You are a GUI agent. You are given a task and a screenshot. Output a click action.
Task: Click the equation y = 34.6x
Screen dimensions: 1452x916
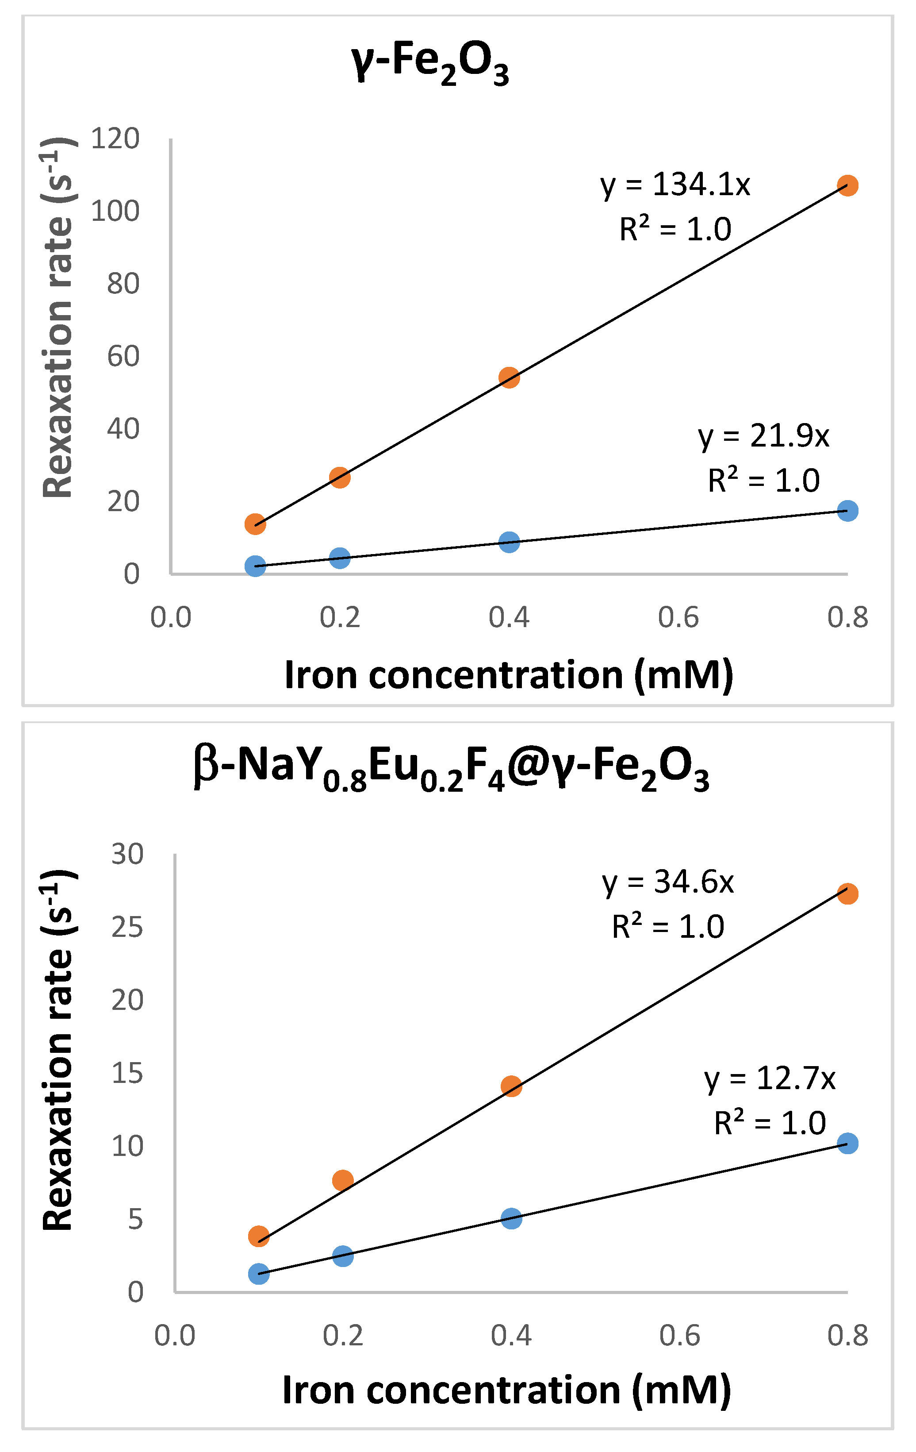[668, 882]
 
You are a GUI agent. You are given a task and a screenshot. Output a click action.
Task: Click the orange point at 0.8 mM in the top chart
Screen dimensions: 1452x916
[847, 186]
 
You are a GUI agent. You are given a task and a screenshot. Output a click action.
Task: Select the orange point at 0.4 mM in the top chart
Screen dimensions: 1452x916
[509, 378]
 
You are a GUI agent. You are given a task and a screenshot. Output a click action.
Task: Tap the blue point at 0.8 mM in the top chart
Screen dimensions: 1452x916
[847, 511]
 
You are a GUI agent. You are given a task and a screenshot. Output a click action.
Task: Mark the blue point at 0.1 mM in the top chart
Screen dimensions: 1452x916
[256, 566]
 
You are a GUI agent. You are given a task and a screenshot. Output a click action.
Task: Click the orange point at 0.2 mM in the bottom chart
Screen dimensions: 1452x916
[343, 1180]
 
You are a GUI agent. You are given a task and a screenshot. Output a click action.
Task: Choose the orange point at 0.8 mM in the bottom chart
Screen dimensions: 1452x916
[847, 894]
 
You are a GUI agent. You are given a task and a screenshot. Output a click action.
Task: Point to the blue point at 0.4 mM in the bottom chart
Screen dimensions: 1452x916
[511, 1218]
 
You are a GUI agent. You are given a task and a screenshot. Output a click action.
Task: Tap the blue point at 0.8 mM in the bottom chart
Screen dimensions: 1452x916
[847, 1143]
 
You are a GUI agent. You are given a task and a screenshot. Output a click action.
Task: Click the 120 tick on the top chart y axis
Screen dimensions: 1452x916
[115, 139]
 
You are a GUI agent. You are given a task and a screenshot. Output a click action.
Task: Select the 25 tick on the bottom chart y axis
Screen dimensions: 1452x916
[127, 927]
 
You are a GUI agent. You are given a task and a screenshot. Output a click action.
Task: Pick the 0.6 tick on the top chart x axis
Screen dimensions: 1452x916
[678, 617]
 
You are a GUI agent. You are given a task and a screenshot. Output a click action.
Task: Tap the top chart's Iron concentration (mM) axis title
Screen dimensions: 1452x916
[509, 675]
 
